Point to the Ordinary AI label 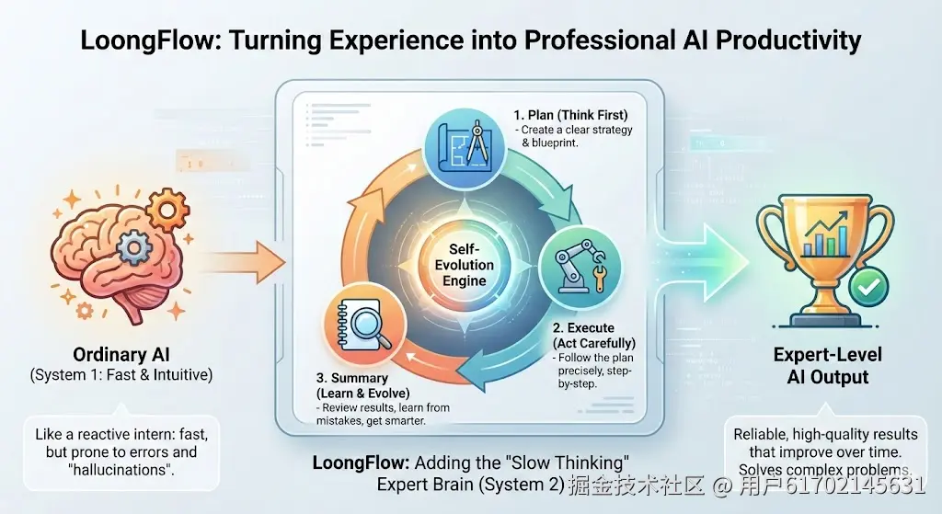pyautogui.click(x=121, y=355)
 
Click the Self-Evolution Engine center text pyautogui.click(x=465, y=266)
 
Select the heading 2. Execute pyautogui.click(x=583, y=328)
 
